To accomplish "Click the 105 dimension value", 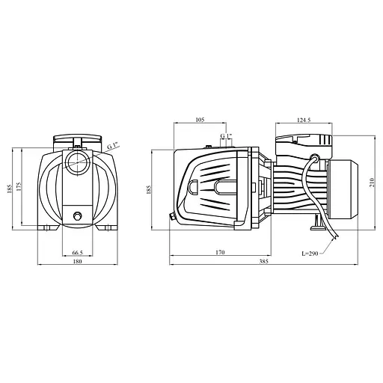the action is [200, 120].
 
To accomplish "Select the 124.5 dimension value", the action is [304, 120].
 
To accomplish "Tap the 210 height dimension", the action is [372, 183].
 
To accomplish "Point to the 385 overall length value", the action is [263, 261].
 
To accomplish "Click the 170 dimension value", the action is [220, 252].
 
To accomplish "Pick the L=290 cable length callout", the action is [310, 254].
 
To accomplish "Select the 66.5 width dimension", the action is [77, 253].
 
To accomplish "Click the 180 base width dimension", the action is [78, 261].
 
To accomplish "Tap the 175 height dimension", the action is [19, 187].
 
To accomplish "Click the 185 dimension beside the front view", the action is [10, 189].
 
